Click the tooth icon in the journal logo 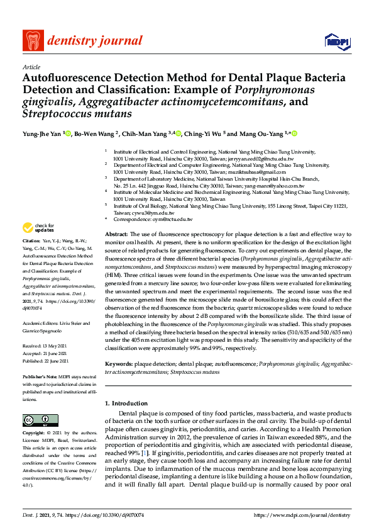[x=32, y=42]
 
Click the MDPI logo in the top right [x=336, y=42]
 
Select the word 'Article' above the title [x=31, y=67]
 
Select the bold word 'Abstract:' [x=117, y=234]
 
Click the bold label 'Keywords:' [x=119, y=364]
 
